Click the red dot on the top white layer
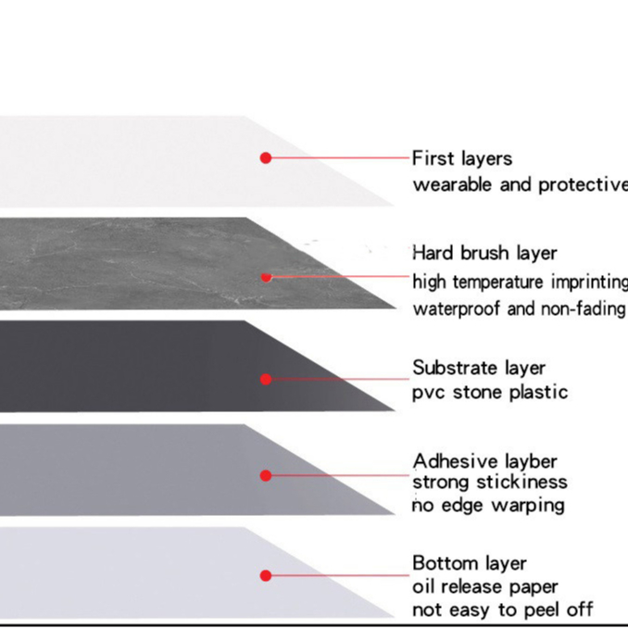coord(266,158)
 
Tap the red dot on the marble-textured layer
coord(266,276)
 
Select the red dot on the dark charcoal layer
coord(266,379)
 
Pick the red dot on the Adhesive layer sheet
coord(266,475)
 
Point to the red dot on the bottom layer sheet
coord(266,575)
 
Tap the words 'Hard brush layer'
coord(484,253)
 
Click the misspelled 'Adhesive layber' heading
coord(485,461)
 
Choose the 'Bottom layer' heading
coord(469,563)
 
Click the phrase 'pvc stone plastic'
coord(490,392)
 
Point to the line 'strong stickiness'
coord(490,483)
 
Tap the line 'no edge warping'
coord(488,506)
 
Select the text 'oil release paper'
coord(485,586)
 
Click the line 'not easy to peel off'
coord(503,609)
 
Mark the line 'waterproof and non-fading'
coord(519,308)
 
